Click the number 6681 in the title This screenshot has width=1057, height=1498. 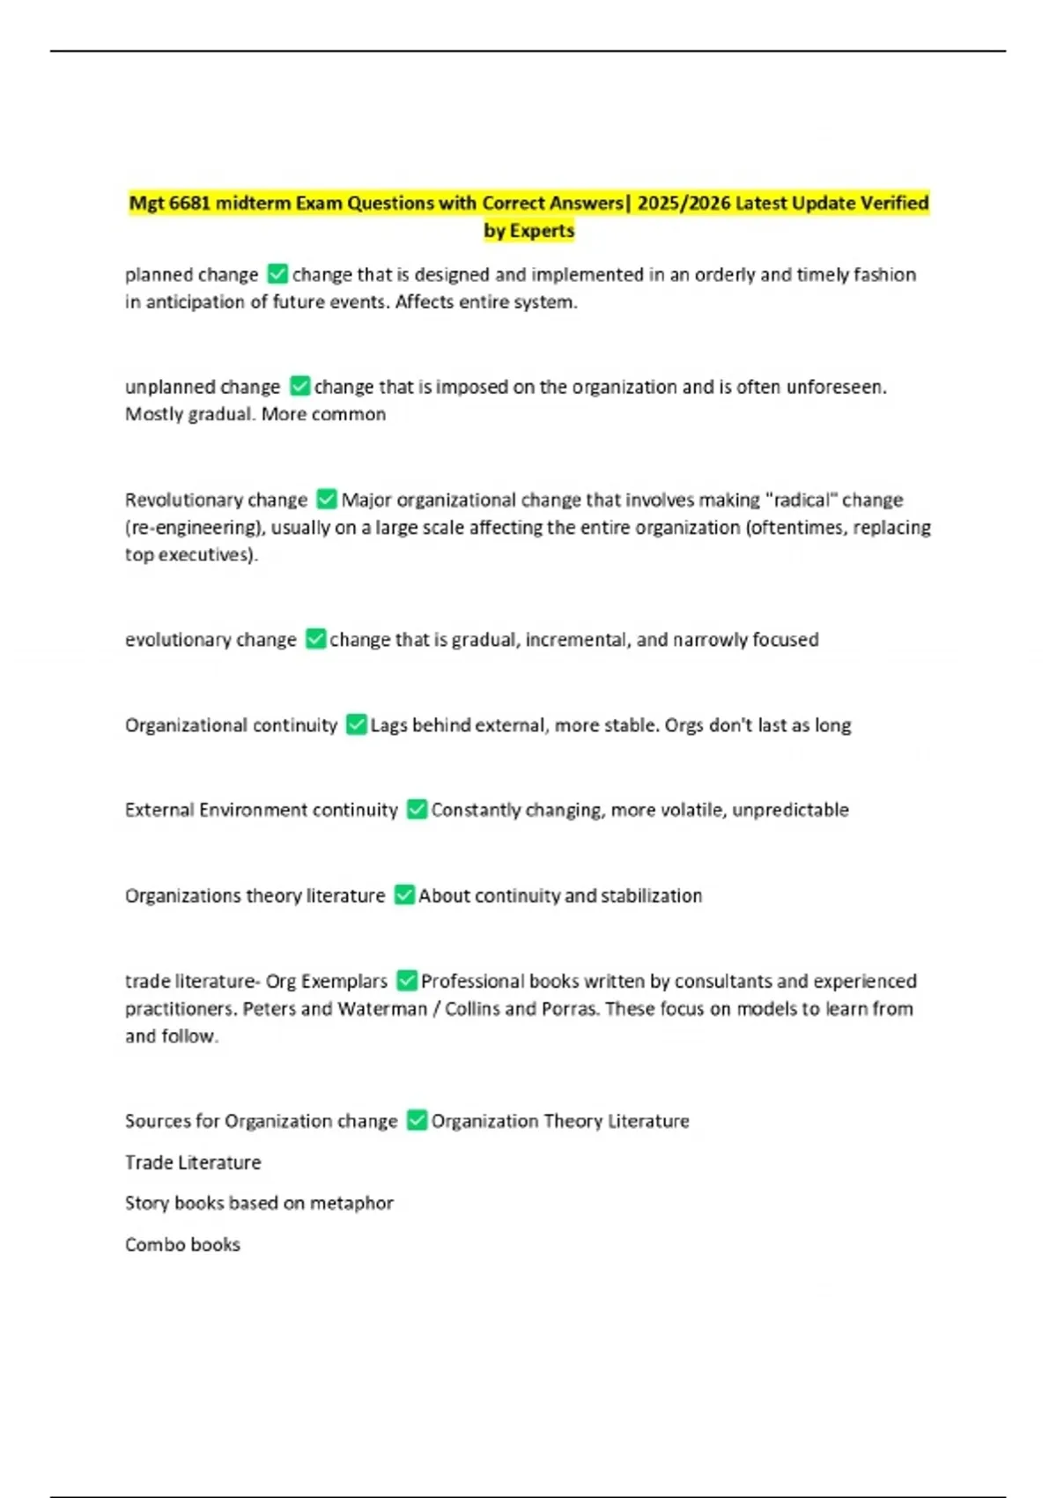(189, 204)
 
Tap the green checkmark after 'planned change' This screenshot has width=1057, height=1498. (277, 274)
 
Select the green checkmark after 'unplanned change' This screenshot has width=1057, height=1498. (299, 387)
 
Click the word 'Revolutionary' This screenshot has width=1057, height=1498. (180, 501)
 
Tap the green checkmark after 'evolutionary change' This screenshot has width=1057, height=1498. (315, 639)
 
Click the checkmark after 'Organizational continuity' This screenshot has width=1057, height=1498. (356, 725)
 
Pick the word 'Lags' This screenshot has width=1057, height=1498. (388, 725)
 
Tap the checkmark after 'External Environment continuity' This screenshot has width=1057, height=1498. (417, 810)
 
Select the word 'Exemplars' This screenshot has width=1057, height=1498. (344, 982)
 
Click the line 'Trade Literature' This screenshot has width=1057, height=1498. (193, 1163)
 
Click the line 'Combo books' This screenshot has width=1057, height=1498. (182, 1245)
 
